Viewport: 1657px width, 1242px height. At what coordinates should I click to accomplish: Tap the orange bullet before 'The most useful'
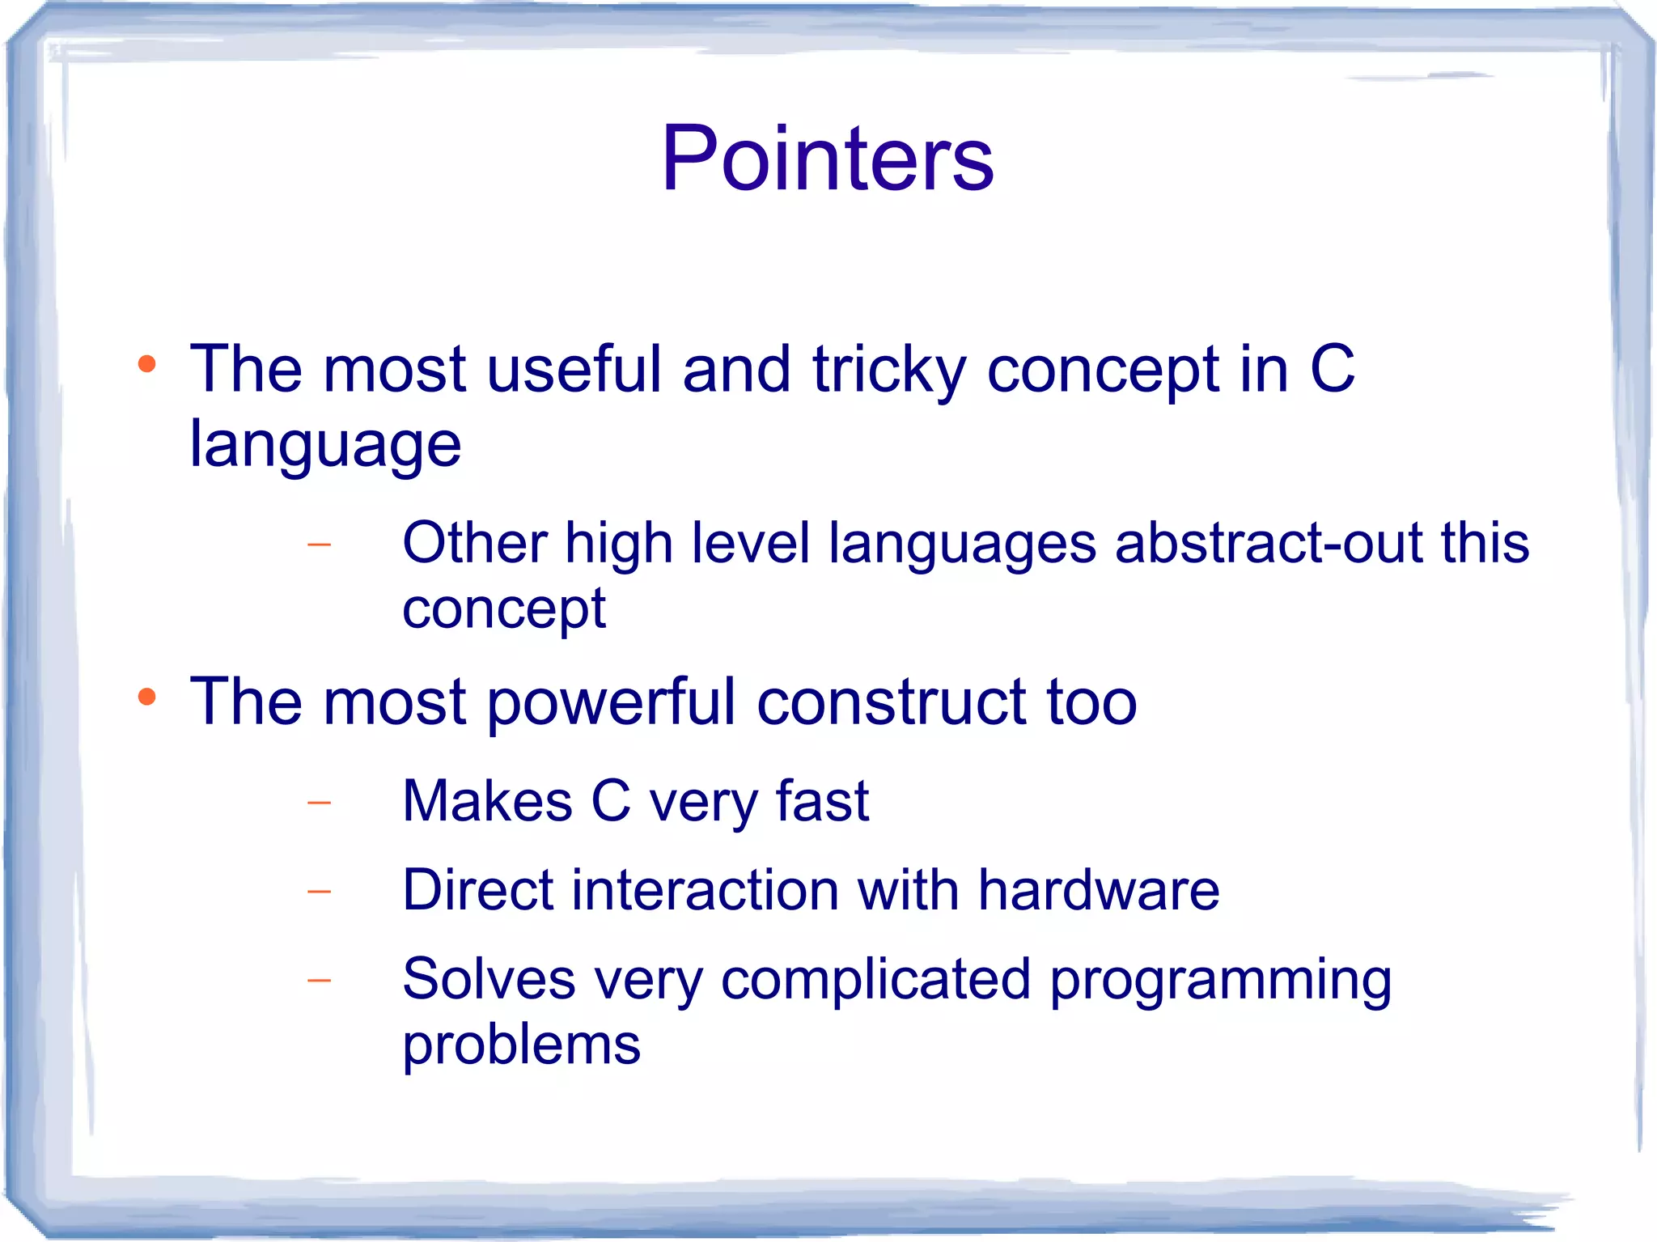point(146,364)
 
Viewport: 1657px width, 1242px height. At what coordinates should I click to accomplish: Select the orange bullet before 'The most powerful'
point(146,697)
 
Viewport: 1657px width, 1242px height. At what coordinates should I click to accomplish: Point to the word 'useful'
point(574,369)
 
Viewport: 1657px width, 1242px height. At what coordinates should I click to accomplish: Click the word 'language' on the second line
point(324,446)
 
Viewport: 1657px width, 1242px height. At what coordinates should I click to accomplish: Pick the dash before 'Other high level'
point(320,544)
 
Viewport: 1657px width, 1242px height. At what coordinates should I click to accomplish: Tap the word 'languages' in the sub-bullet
point(962,544)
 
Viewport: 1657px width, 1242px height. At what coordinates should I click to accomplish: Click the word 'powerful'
point(611,702)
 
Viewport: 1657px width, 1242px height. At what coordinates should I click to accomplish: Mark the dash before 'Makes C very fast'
point(320,803)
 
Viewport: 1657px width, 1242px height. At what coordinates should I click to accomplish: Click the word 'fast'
point(822,801)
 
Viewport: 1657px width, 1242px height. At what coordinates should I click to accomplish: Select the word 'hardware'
point(1098,890)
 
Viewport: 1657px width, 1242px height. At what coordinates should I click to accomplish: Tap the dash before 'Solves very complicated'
point(320,981)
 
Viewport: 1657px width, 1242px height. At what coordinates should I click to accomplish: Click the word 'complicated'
point(875,981)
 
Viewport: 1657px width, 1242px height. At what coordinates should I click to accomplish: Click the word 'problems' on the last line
point(521,1045)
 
